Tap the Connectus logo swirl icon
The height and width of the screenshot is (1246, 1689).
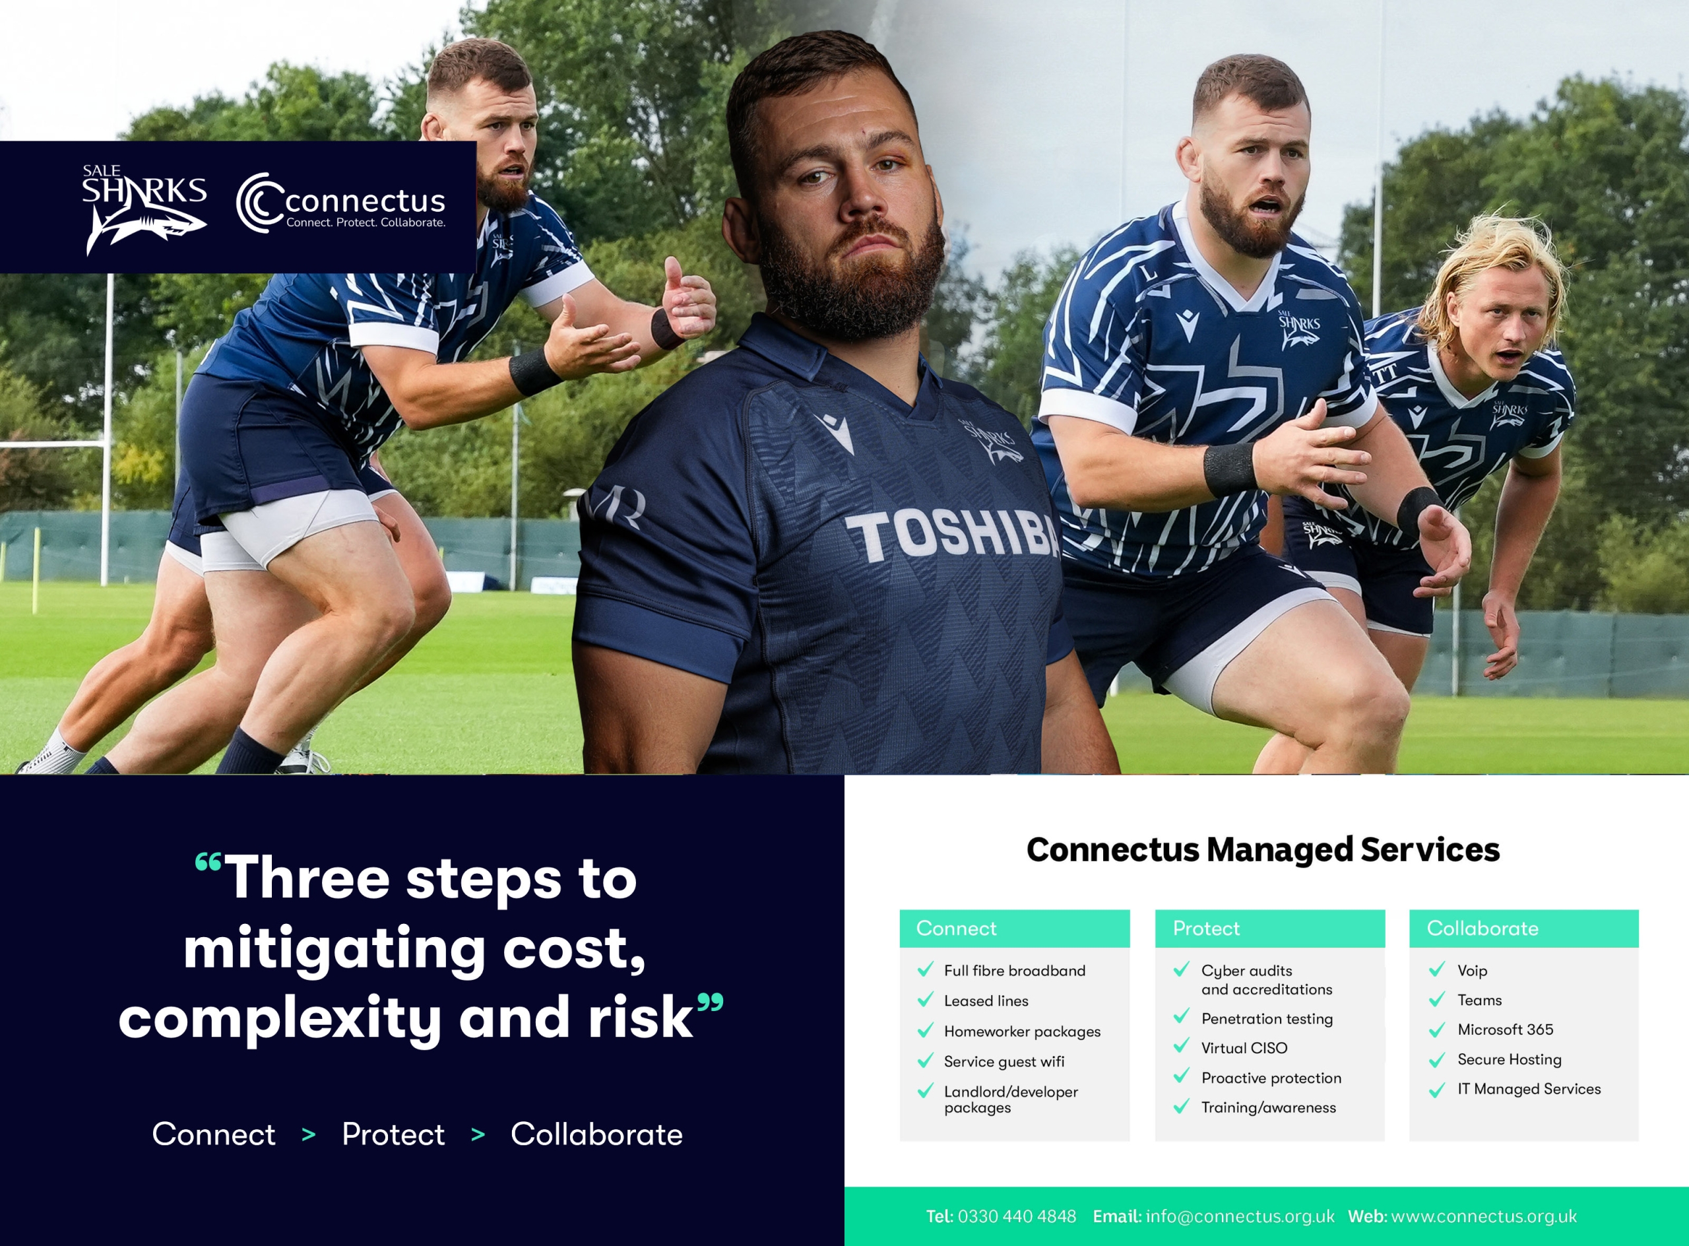click(259, 202)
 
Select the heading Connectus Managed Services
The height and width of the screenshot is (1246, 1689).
click(1263, 850)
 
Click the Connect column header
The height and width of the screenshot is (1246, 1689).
click(956, 929)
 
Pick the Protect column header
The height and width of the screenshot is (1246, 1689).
click(1205, 929)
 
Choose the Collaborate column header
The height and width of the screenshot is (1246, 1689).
click(1482, 929)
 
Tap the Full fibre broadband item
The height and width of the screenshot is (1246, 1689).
click(1014, 971)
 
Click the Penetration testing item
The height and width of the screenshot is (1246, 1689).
click(1267, 1019)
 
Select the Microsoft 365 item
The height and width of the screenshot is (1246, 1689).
click(1505, 1030)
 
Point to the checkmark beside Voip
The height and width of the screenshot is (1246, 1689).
click(1436, 969)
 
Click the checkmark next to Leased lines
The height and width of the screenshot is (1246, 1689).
click(925, 1000)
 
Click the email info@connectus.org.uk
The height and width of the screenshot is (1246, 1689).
click(1240, 1216)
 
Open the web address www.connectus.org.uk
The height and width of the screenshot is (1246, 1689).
click(1483, 1216)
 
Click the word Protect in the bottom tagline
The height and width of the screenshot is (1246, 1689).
click(393, 1134)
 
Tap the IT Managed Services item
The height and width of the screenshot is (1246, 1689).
click(1529, 1089)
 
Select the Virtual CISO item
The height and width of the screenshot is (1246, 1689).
click(1244, 1049)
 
